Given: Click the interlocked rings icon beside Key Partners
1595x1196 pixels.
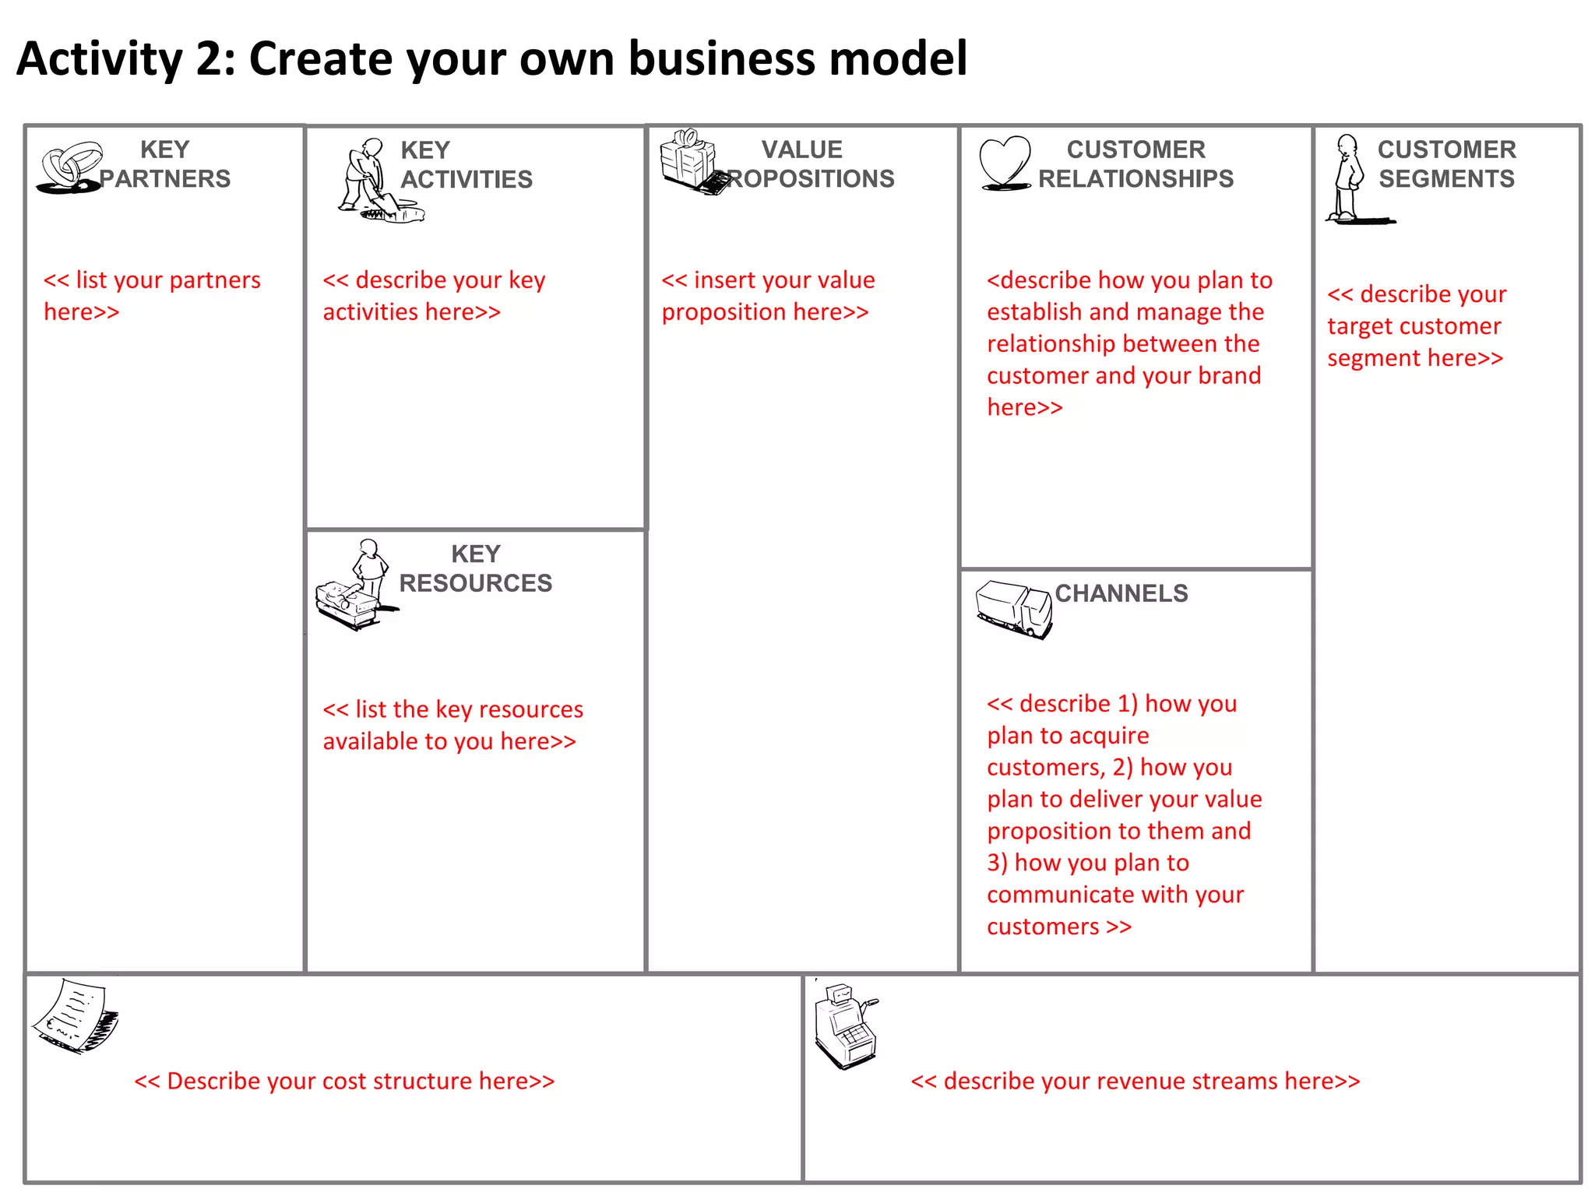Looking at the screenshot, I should tap(70, 167).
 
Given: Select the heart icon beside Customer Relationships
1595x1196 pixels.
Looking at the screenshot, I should tap(1005, 163).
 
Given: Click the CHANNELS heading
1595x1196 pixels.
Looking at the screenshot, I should tap(1121, 593).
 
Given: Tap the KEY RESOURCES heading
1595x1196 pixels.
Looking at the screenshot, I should tap(475, 568).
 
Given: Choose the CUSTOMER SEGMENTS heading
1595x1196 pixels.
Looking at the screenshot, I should tap(1446, 164).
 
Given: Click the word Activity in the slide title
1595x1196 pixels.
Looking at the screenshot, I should tap(100, 58).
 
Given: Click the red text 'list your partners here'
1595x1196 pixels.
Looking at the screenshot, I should tap(152, 296).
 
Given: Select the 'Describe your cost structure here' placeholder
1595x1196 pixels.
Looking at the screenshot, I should tap(344, 1081).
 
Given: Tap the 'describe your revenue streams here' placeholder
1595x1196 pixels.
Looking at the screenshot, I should tap(1136, 1081).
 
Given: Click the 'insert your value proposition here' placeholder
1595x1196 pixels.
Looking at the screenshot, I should tap(768, 296).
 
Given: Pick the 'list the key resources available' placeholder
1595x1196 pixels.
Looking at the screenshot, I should tap(452, 725).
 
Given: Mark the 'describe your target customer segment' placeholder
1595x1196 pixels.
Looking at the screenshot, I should tap(1416, 325).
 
